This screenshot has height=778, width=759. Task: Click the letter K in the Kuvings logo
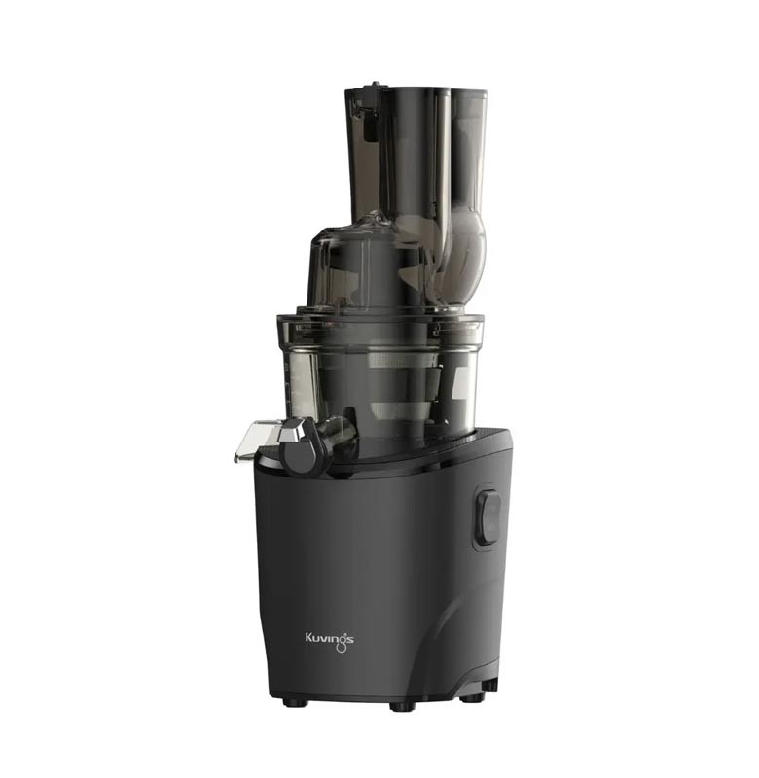coord(308,637)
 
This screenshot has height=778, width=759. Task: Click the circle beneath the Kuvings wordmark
coord(341,649)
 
